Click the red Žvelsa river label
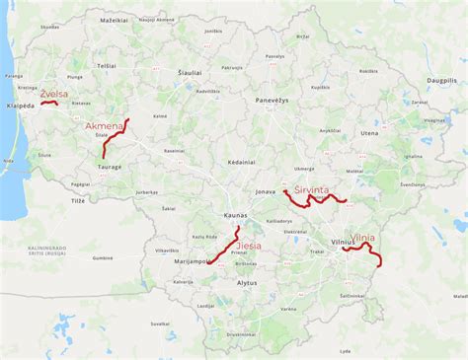[x=53, y=94]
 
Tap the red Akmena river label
[x=106, y=127]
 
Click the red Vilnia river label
[x=362, y=238]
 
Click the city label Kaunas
[x=235, y=216]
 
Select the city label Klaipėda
[x=19, y=105]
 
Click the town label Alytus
[x=247, y=283]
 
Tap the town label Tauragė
[x=109, y=167]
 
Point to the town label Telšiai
[x=107, y=65]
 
